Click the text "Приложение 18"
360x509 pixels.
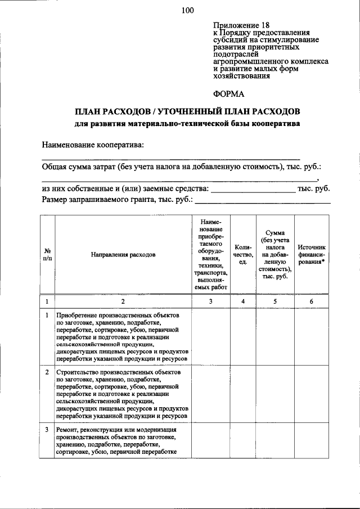click(x=241, y=25)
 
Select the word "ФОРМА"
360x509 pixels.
click(x=229, y=93)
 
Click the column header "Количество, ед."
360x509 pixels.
click(x=243, y=254)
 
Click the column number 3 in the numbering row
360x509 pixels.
click(x=210, y=301)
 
